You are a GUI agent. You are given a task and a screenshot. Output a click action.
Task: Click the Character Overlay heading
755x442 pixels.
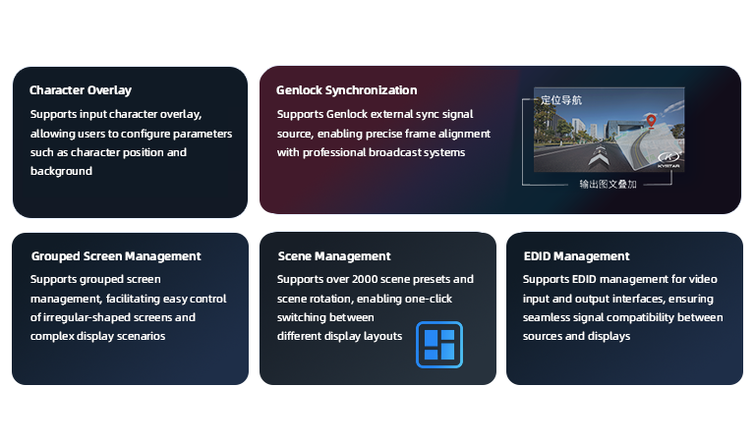click(x=81, y=90)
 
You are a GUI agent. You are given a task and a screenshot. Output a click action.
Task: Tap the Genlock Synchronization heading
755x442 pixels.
click(x=347, y=90)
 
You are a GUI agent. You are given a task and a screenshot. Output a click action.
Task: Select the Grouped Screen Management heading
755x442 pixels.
click(x=116, y=256)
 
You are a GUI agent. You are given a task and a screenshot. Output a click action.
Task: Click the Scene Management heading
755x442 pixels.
click(x=334, y=256)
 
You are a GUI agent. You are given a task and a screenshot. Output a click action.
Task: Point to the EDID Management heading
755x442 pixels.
click(x=576, y=256)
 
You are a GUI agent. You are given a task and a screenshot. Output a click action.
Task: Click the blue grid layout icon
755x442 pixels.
click(x=439, y=345)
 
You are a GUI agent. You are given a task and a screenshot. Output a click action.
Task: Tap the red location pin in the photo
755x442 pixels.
click(x=651, y=121)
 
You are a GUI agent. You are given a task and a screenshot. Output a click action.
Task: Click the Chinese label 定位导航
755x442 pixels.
click(x=561, y=100)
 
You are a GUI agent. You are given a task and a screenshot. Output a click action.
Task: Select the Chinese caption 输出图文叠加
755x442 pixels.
click(x=608, y=185)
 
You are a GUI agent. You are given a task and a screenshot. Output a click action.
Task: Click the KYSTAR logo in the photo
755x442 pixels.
click(x=668, y=159)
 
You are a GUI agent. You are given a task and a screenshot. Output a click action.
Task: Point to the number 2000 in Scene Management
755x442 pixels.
click(x=365, y=279)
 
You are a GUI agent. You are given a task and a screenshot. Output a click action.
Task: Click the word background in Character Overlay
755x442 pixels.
click(x=61, y=171)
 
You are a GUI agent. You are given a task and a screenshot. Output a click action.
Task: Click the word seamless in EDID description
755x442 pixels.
click(x=546, y=317)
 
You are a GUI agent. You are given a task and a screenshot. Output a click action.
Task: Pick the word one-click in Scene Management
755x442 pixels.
click(x=429, y=299)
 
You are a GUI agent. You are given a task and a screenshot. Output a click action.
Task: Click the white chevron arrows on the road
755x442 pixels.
click(x=598, y=156)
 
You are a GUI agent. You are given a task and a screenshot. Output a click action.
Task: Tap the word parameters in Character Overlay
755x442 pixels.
click(x=203, y=134)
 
